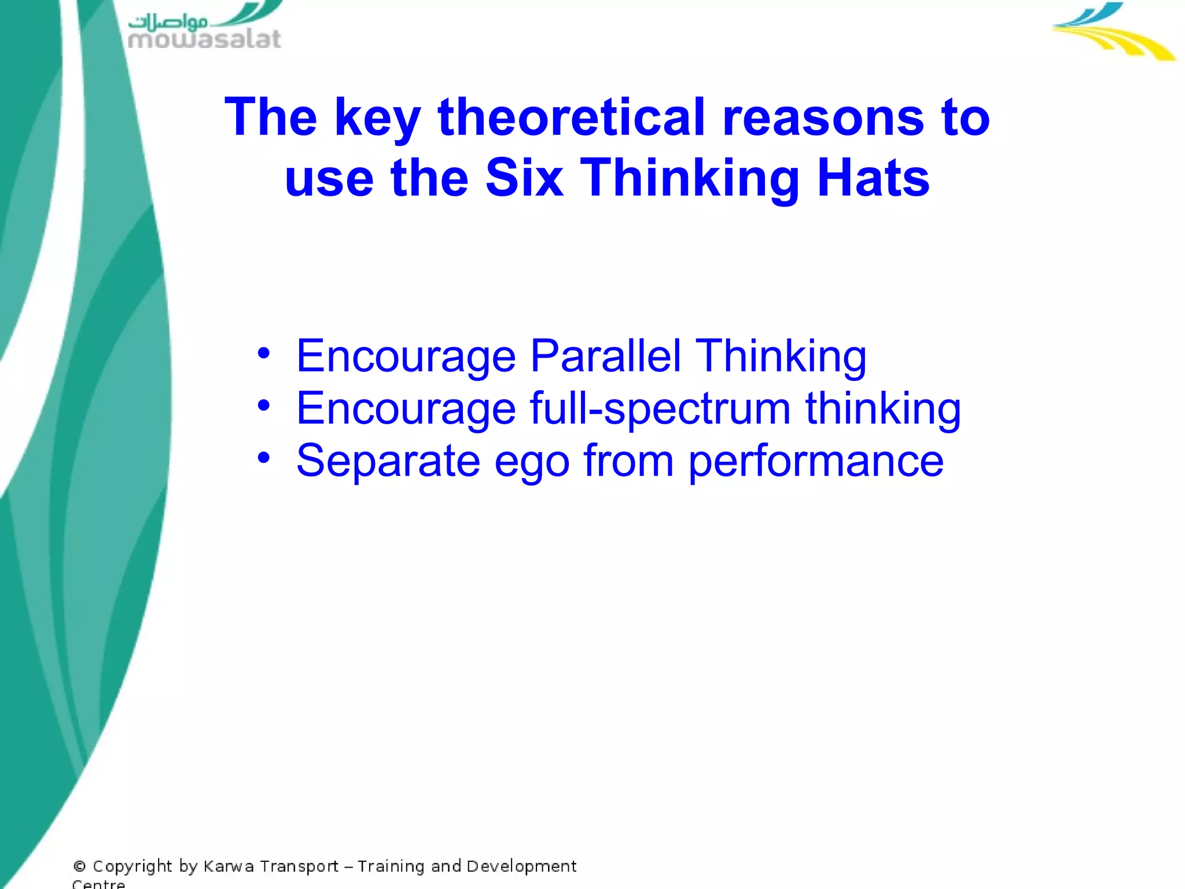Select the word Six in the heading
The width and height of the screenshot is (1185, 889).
click(x=524, y=178)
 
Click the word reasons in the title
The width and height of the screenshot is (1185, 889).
click(x=823, y=117)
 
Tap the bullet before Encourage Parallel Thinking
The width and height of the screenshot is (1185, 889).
click(x=264, y=353)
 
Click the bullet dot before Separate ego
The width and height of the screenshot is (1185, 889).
click(x=264, y=458)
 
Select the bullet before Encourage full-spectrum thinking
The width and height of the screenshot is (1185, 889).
click(x=264, y=405)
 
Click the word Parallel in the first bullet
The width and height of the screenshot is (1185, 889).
click(x=605, y=356)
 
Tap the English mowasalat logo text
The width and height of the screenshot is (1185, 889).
click(x=204, y=39)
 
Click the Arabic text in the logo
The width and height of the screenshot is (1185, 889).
click(x=168, y=22)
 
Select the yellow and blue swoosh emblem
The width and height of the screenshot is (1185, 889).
click(x=1112, y=32)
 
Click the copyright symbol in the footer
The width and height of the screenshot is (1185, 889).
click(x=79, y=866)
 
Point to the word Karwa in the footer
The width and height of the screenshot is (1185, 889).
click(x=229, y=866)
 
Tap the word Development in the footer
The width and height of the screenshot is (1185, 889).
click(x=521, y=867)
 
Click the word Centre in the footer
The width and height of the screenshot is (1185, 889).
click(x=98, y=884)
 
